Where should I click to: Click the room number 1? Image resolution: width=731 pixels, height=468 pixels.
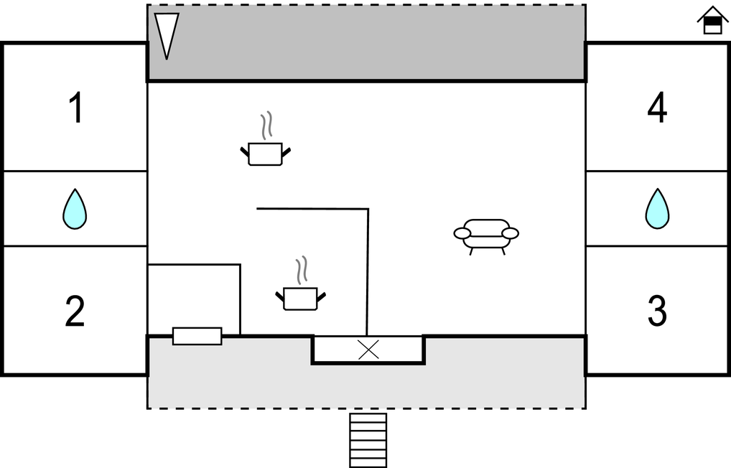point(75,108)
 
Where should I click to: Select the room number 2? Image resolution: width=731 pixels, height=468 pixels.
point(75,311)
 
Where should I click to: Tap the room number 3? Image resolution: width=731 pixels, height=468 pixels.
point(657,311)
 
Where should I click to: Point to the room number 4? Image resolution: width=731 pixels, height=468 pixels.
point(657,108)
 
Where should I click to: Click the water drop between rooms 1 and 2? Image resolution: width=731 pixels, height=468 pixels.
point(75,209)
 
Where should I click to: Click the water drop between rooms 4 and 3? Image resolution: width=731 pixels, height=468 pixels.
point(657,209)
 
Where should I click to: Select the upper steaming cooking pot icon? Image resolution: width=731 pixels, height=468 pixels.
point(265,152)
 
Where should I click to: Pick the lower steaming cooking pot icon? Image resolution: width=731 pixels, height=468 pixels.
point(300,297)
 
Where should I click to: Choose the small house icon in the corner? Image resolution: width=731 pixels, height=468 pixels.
point(712,21)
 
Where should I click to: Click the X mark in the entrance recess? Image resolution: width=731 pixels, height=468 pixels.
point(368,350)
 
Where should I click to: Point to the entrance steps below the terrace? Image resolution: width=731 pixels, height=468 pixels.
point(368,439)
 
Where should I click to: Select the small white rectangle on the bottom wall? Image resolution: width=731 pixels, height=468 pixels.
point(197,336)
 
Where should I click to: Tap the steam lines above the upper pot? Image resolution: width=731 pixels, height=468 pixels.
point(267,126)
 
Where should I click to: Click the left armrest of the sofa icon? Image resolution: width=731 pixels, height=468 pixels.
point(462,233)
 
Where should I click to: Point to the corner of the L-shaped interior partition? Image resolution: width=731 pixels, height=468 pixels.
point(368,210)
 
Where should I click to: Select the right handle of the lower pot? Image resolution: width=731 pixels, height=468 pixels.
point(321,295)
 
